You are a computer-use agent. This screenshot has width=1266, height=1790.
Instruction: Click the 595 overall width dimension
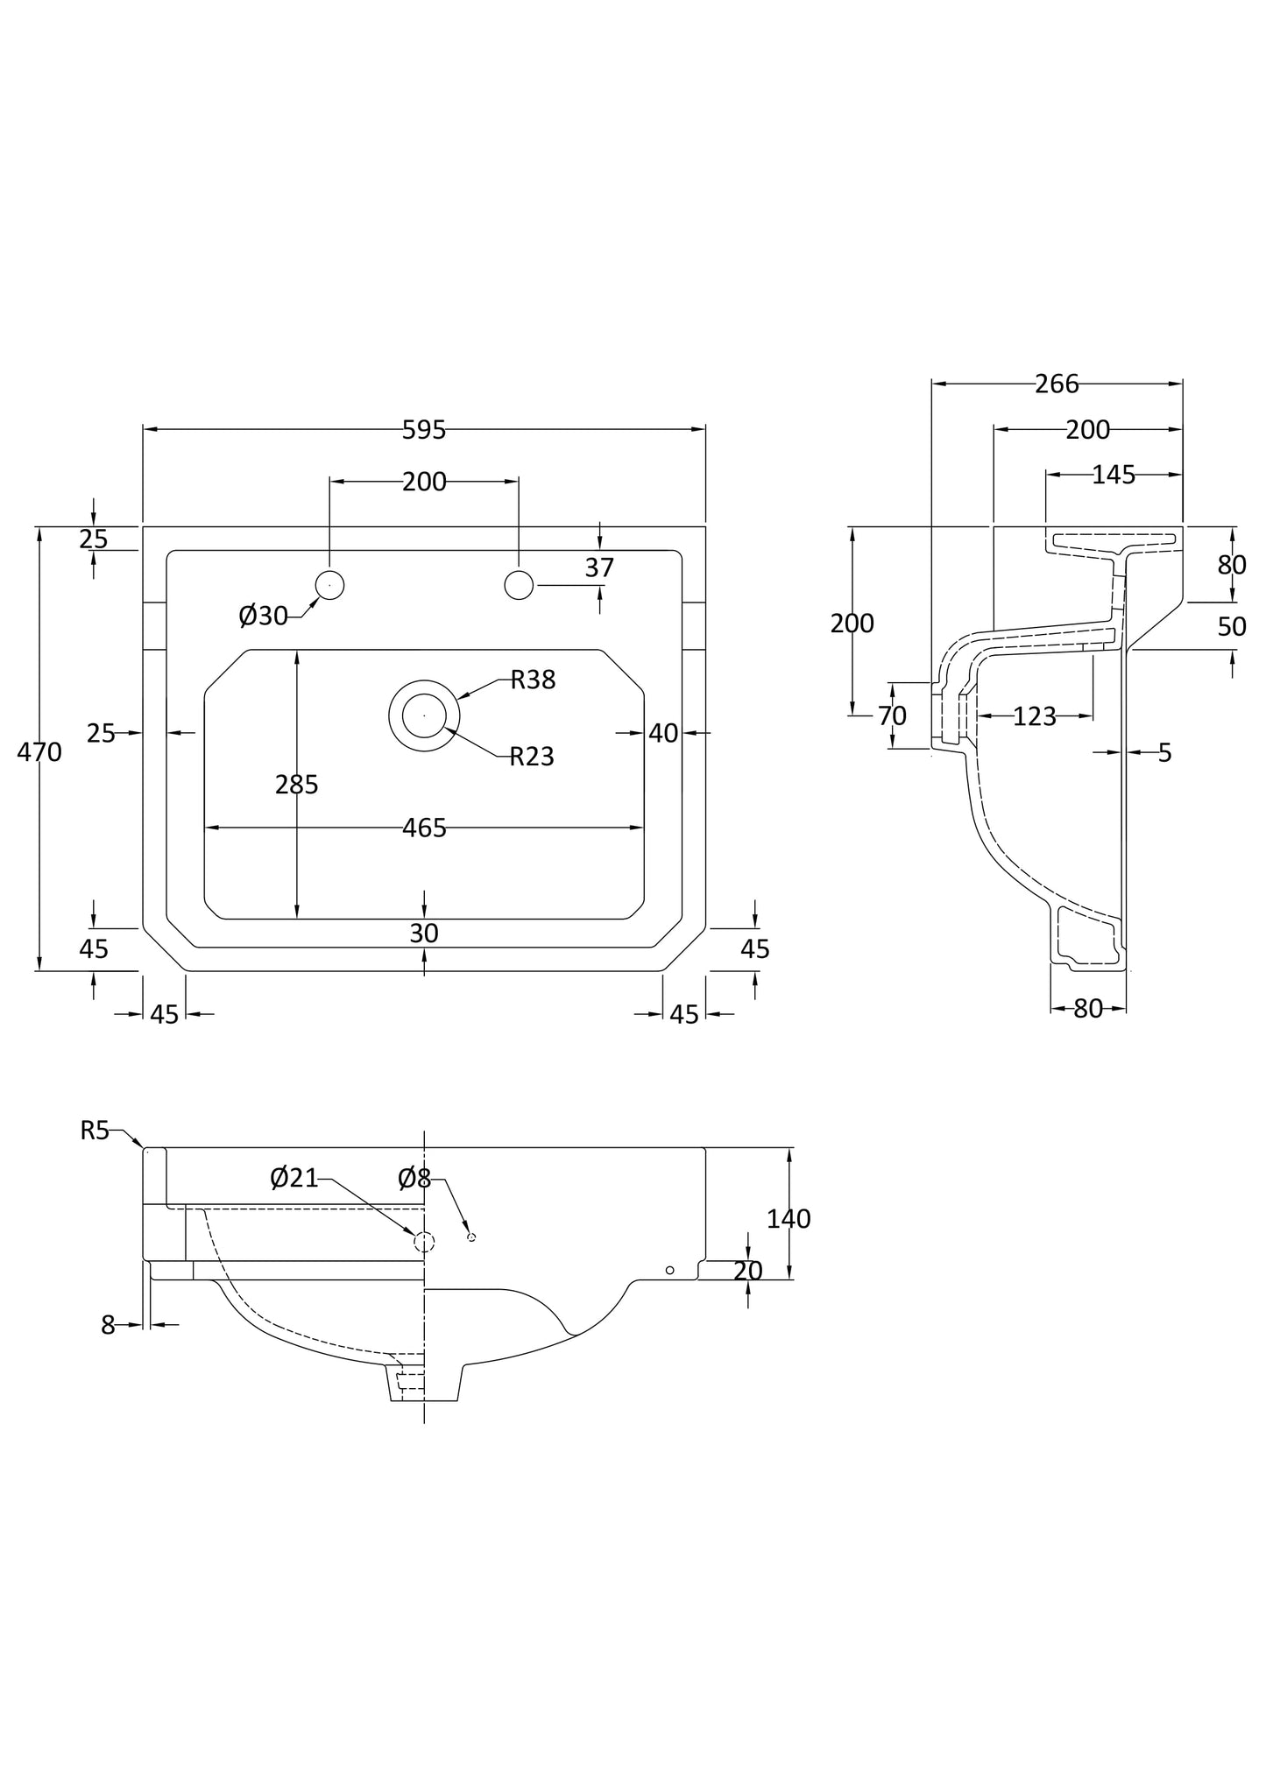(x=424, y=430)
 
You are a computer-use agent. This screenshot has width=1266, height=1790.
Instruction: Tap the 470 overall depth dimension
(x=39, y=751)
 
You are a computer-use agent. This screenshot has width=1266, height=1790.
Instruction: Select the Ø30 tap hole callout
(x=263, y=617)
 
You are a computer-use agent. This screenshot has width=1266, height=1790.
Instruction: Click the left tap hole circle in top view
(x=329, y=585)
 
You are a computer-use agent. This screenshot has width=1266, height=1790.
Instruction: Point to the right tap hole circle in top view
(x=519, y=585)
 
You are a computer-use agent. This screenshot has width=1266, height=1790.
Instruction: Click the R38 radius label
(x=533, y=680)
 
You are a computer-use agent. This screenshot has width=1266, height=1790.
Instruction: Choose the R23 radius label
(x=532, y=756)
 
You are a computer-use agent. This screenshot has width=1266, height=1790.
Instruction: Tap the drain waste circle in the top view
(x=424, y=715)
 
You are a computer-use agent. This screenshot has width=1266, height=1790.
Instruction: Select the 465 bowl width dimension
(x=424, y=828)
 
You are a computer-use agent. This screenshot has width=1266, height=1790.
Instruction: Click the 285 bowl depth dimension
(x=296, y=785)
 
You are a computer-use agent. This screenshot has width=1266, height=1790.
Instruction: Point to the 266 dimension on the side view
(x=1057, y=384)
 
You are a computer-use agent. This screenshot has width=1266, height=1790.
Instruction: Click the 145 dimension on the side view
(x=1114, y=475)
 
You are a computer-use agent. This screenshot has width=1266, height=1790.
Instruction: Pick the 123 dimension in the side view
(x=1035, y=716)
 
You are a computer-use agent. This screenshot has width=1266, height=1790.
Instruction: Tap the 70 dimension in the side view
(x=892, y=716)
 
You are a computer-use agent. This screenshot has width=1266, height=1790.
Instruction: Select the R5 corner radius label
(x=95, y=1131)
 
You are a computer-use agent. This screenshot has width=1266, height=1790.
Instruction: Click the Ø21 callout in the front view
(x=294, y=1178)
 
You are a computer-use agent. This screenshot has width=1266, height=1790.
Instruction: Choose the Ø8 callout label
(x=414, y=1179)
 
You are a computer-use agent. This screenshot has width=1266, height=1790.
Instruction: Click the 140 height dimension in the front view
(x=789, y=1218)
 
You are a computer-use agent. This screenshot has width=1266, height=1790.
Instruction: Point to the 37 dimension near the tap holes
(x=599, y=567)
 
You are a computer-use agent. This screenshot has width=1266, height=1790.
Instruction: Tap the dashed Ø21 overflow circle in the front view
(x=424, y=1241)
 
